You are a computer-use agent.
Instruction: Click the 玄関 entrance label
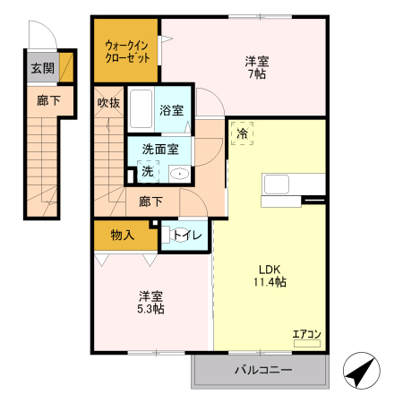42,68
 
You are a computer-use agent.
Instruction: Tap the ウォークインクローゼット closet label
126,50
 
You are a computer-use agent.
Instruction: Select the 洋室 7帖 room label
256,68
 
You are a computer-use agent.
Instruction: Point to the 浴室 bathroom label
171,111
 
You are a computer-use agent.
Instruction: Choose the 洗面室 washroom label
160,152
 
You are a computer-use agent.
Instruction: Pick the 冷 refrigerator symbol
242,133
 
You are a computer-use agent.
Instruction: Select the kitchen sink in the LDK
275,184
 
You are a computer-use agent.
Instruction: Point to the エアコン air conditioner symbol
306,339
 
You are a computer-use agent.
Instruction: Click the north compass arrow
361,370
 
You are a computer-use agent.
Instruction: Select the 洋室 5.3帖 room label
150,302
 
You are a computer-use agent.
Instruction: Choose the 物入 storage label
123,236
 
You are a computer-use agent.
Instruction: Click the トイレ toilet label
187,236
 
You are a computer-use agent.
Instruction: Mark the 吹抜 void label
108,102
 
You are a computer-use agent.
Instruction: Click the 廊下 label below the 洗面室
150,202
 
